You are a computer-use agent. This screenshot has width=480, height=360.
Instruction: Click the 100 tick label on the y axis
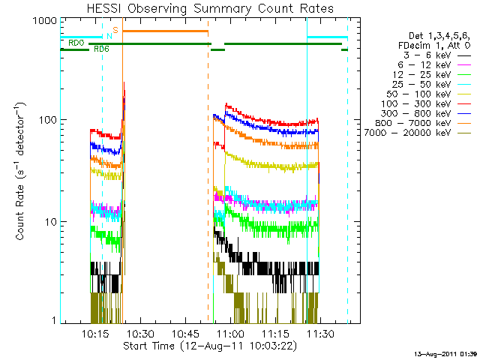pyautogui.click(x=46, y=120)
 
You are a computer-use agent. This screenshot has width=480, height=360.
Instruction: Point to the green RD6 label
pyautogui.click(x=101, y=48)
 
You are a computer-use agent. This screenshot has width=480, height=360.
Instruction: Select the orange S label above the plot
pyautogui.click(x=115, y=30)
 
